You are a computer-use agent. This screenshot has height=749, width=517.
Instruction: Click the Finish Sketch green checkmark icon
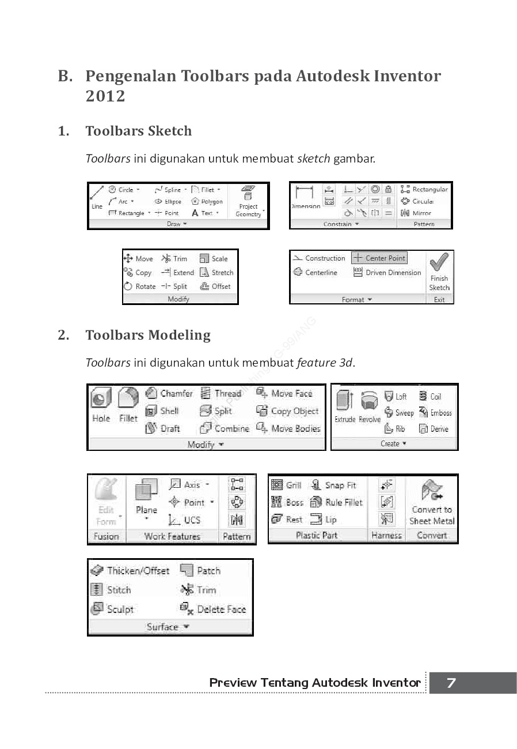coord(439,263)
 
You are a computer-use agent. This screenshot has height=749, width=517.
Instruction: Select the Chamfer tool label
coord(176,393)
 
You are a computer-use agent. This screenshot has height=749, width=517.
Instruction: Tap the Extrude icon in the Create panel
coord(345,400)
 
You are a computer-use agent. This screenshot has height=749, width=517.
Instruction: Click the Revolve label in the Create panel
coord(370,419)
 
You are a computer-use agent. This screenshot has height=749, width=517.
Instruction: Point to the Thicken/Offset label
coord(138,570)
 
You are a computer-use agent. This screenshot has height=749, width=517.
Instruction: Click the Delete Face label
coord(221,609)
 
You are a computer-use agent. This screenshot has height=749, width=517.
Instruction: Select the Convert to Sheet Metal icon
coord(432,491)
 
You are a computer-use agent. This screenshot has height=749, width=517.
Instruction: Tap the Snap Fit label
coord(340,485)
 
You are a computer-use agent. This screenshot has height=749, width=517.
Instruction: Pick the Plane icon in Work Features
coord(146,491)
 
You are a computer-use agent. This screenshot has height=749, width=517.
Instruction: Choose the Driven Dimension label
coord(393,272)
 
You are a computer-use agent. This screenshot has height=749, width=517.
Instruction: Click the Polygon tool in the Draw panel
coord(211,201)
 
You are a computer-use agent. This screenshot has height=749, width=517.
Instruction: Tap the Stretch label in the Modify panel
coord(222,272)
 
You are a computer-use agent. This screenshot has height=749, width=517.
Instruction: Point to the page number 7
coord(451,683)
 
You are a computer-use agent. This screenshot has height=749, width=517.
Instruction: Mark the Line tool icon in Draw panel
coord(97,193)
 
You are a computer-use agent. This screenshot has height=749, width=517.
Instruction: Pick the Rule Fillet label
coord(344,502)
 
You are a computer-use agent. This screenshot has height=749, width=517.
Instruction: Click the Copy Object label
coord(294,411)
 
